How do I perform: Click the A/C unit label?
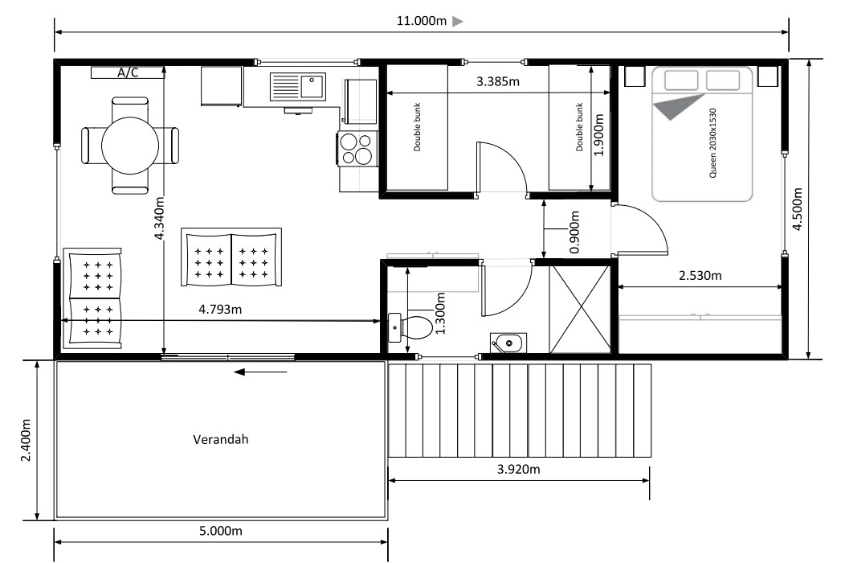click(128, 72)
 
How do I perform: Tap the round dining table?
click(130, 145)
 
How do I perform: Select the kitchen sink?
click(298, 87)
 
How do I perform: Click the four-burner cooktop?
click(357, 148)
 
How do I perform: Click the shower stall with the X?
click(580, 310)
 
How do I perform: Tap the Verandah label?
click(220, 439)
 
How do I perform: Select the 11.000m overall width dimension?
click(422, 21)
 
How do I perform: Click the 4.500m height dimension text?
click(798, 209)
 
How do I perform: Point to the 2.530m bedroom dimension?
click(700, 276)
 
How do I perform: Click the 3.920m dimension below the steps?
click(519, 469)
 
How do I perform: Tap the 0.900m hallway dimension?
click(574, 232)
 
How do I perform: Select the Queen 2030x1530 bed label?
click(712, 143)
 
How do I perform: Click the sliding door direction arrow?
click(261, 372)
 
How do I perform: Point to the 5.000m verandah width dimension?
click(220, 531)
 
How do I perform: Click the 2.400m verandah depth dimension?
click(26, 440)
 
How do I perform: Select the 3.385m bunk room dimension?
click(498, 82)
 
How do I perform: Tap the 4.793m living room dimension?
click(220, 310)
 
